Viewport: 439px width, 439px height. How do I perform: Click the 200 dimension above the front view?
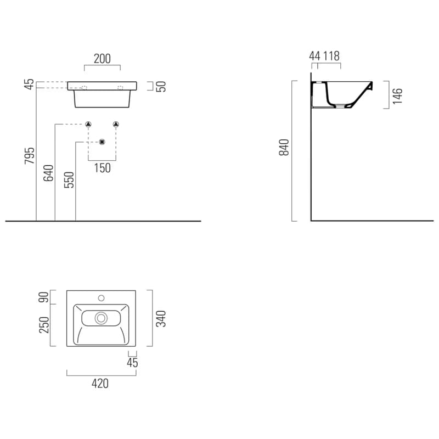(102, 59)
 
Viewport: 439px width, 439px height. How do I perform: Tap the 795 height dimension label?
(30, 156)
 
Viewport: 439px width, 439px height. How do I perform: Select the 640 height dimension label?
(48, 173)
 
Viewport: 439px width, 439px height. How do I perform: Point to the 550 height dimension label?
(69, 180)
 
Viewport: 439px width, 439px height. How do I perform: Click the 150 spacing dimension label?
(102, 168)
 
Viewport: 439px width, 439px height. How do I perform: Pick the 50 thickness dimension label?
(161, 87)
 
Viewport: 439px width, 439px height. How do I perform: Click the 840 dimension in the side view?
(284, 147)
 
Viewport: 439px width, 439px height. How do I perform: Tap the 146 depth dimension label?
(397, 96)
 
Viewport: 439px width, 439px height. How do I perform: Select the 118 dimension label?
(331, 56)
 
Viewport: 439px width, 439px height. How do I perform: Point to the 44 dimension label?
(314, 56)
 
